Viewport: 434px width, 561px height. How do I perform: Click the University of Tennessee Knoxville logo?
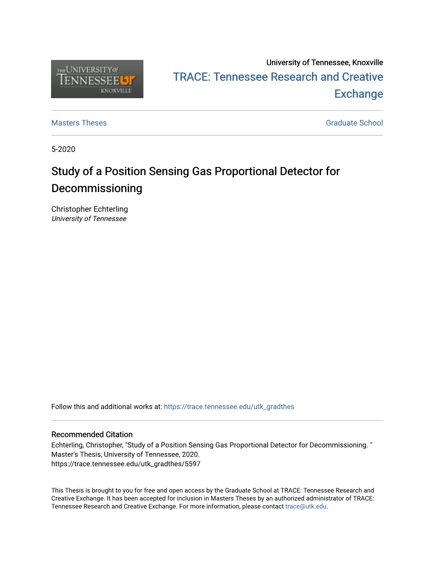click(97, 79)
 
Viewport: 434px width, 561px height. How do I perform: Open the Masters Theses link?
click(79, 123)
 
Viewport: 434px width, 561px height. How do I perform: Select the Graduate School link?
click(354, 123)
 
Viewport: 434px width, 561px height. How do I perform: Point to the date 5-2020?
click(63, 149)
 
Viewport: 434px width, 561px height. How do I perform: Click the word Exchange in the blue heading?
click(358, 94)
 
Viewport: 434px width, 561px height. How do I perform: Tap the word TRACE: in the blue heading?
click(191, 77)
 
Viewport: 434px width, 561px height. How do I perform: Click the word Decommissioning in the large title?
click(97, 188)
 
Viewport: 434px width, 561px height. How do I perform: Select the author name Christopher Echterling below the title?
click(90, 209)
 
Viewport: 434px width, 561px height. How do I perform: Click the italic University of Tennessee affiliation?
click(89, 219)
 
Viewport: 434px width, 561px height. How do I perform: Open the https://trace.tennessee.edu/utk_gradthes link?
click(229, 407)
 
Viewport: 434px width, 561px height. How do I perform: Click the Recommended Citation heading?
click(92, 434)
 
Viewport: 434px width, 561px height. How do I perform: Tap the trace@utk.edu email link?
click(306, 507)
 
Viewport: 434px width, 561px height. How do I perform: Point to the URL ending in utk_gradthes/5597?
click(126, 464)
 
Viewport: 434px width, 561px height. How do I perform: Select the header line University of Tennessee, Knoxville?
click(325, 62)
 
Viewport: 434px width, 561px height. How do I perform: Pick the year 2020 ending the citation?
click(190, 454)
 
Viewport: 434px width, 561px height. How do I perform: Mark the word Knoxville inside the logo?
click(116, 91)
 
